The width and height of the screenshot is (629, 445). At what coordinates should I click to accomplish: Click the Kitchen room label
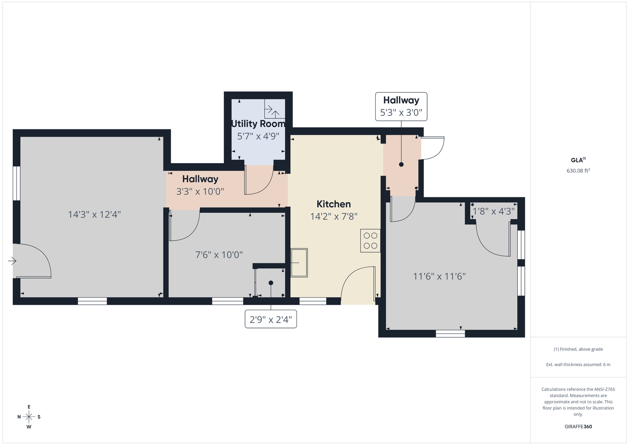coord(334,204)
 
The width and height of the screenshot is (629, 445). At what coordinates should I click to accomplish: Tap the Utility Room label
coord(258,124)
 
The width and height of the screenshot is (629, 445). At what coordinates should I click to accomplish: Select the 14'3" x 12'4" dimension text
coord(94,215)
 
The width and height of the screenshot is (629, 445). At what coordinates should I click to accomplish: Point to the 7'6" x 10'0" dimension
coord(219,255)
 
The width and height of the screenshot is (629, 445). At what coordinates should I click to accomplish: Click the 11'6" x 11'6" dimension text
coord(439,276)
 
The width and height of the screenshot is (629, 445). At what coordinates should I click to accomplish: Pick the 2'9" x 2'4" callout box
coord(271,319)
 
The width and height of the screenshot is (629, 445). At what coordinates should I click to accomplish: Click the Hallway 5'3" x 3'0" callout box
coord(401,107)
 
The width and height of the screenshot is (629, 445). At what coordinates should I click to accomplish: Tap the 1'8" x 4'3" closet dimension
coord(493,211)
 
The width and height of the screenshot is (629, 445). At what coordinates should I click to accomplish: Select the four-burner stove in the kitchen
coord(370,241)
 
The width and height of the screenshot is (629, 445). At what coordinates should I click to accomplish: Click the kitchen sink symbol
coord(299,263)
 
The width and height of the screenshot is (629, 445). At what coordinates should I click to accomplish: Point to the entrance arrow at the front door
coord(12,261)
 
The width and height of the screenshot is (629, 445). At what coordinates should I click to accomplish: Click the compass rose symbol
coord(29,417)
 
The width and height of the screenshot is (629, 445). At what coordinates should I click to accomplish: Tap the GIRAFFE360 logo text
coord(578,426)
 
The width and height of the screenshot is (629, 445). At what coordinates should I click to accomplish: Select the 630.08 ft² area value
coord(578,171)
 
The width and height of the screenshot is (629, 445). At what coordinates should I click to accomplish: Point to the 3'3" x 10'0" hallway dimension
coord(200,192)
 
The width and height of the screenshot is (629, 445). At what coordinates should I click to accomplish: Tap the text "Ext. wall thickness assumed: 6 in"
coord(578,364)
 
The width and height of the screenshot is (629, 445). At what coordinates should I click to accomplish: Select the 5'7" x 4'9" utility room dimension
coord(258,136)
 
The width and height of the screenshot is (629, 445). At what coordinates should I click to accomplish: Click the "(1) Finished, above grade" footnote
coord(578,349)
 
